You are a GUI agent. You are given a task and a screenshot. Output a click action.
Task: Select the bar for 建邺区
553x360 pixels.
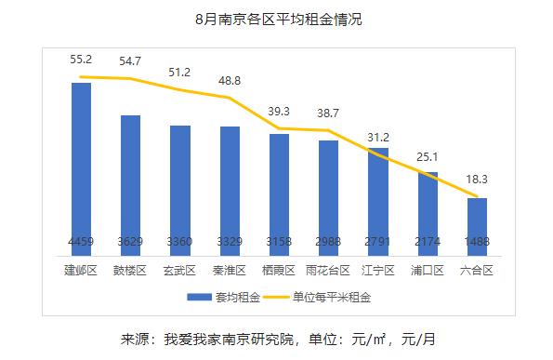[81, 167]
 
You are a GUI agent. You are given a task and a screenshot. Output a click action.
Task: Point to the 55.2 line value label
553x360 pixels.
[81, 59]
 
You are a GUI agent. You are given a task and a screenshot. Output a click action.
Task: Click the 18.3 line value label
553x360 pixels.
[477, 178]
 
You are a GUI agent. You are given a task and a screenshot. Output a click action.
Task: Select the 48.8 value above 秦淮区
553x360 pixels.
[229, 80]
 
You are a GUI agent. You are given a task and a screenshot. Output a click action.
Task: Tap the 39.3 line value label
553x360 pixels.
[279, 111]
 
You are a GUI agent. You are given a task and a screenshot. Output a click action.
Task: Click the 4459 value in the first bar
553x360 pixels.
[81, 242]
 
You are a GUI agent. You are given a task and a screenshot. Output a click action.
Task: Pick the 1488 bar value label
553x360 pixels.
[477, 242]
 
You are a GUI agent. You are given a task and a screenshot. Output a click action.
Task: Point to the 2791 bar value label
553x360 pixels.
[377, 242]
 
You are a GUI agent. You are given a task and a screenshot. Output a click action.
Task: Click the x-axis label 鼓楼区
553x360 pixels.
[130, 271]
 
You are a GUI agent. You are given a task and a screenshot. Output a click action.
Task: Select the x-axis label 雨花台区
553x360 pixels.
[328, 271]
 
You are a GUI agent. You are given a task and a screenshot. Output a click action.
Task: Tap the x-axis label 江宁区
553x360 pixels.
[377, 271]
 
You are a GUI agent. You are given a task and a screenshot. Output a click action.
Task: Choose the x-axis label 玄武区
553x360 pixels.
[179, 271]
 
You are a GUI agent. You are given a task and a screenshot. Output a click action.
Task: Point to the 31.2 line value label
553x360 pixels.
[379, 136]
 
